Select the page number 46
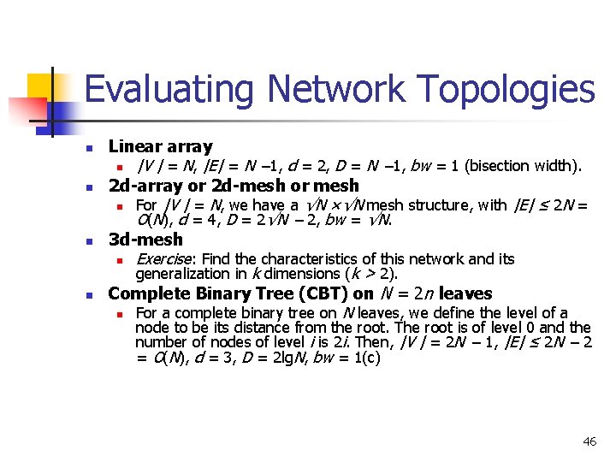[x=589, y=441]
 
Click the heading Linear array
[x=160, y=146]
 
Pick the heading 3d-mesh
[x=145, y=240]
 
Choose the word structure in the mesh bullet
[x=446, y=205]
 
